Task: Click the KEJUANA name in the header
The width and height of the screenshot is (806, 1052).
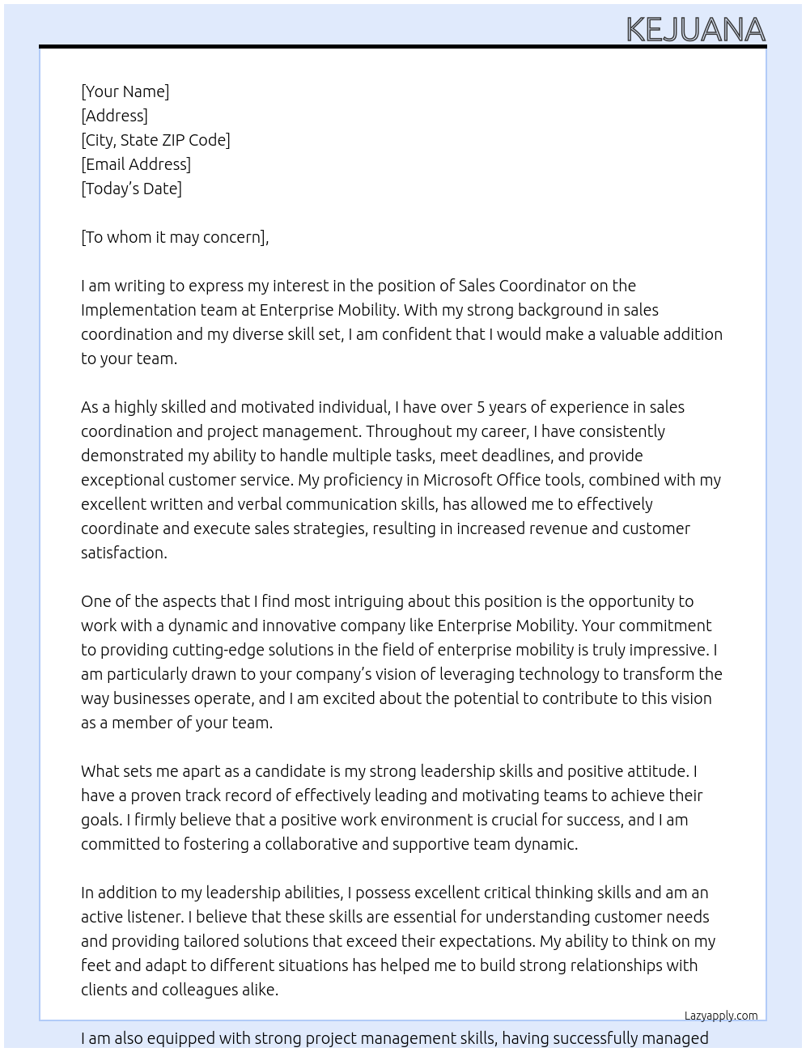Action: (695, 30)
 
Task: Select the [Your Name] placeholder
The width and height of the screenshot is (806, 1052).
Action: (125, 91)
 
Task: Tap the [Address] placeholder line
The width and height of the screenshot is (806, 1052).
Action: (114, 116)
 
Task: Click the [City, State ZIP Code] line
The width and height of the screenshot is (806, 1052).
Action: (155, 140)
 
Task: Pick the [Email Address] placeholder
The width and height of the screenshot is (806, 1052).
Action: (136, 164)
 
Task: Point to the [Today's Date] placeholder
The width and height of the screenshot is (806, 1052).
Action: (131, 189)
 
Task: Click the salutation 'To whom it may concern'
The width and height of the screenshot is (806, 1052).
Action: (175, 237)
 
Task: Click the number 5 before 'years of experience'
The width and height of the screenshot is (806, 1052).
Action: (481, 407)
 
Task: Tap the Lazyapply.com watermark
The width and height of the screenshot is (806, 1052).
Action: (721, 1016)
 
